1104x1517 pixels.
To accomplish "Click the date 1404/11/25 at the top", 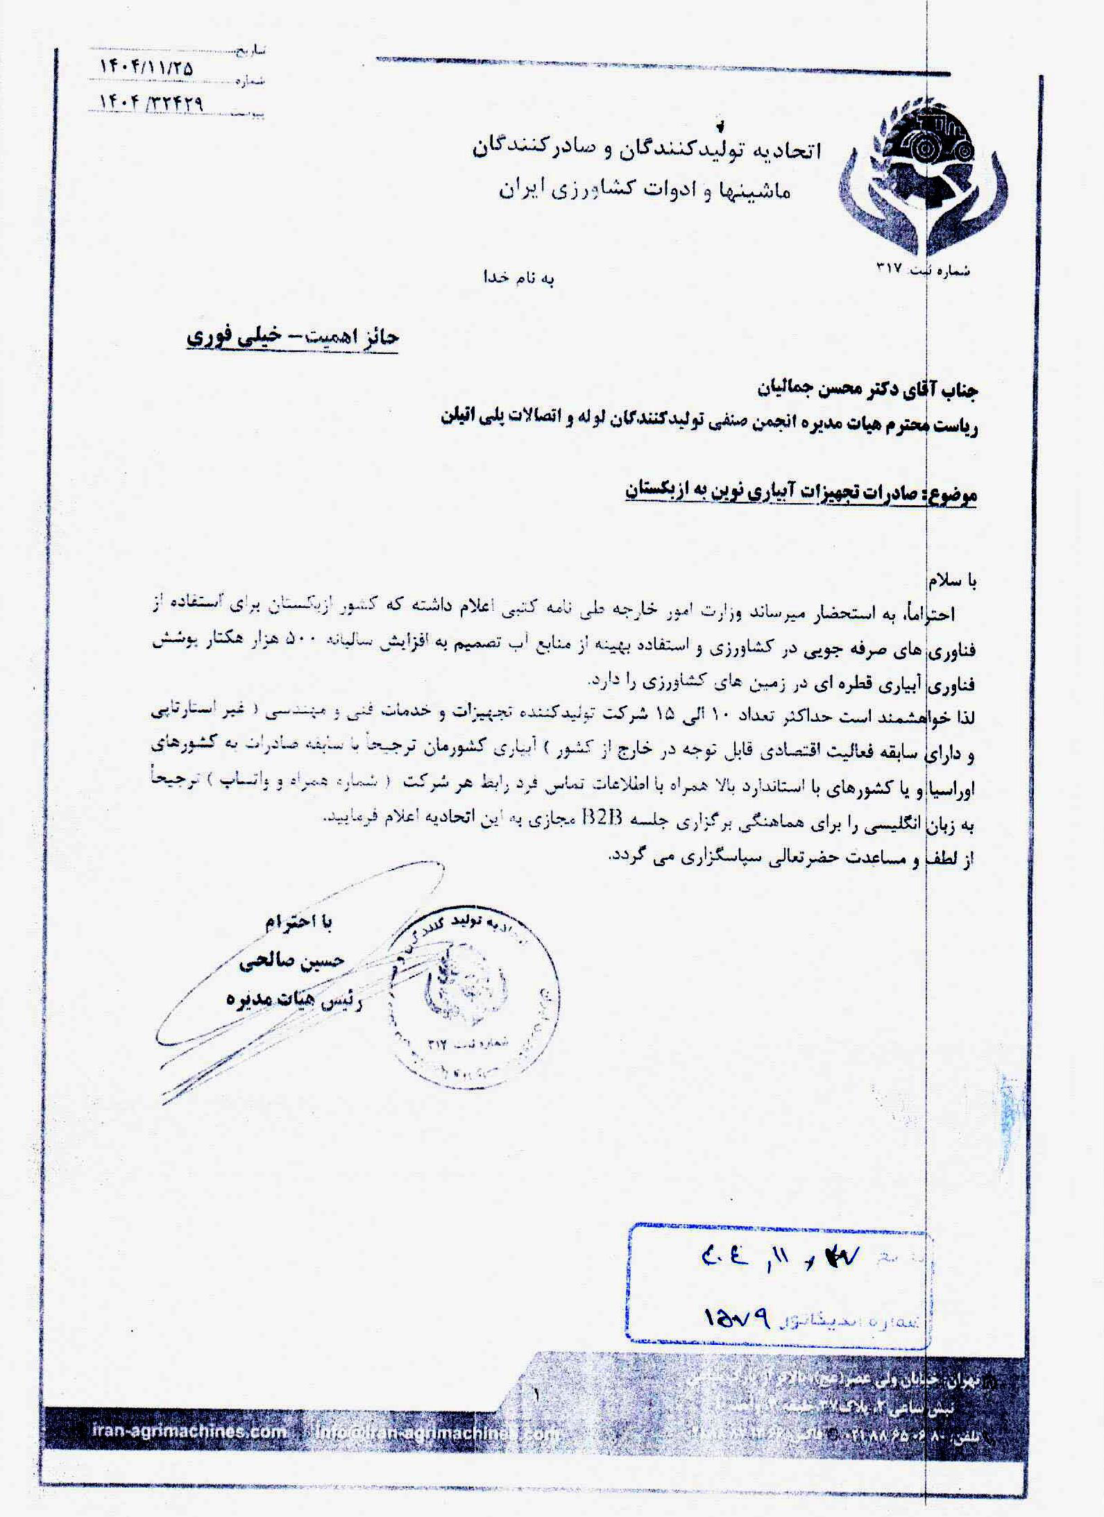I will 146,68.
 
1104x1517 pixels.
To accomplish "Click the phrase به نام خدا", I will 518,278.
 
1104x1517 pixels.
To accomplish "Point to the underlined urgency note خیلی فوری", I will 222,337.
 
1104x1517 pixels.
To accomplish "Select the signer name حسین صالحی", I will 291,962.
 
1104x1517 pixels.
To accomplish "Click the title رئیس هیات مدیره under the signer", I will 294,1000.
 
